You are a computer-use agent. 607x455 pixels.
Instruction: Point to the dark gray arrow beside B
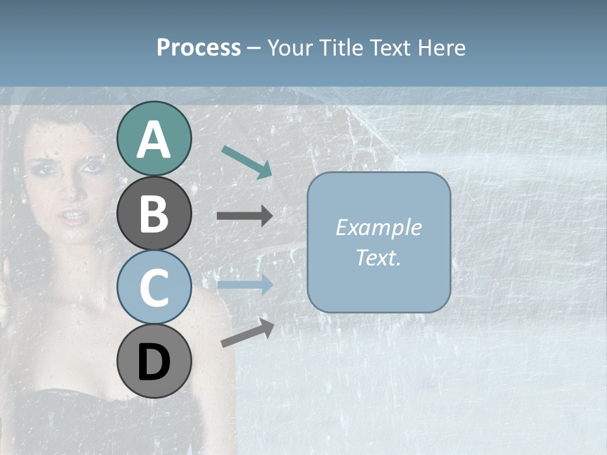[x=244, y=216]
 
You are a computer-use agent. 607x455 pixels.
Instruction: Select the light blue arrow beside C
[x=244, y=285]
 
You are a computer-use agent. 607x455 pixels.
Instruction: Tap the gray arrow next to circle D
[x=247, y=333]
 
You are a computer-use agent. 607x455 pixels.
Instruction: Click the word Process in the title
[x=199, y=48]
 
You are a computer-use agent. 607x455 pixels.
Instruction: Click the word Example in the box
[x=378, y=227]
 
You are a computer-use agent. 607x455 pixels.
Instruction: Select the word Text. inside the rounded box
[x=378, y=258]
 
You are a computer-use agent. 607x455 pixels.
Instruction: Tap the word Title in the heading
[x=341, y=48]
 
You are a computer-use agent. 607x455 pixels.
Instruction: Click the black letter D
[x=154, y=363]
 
